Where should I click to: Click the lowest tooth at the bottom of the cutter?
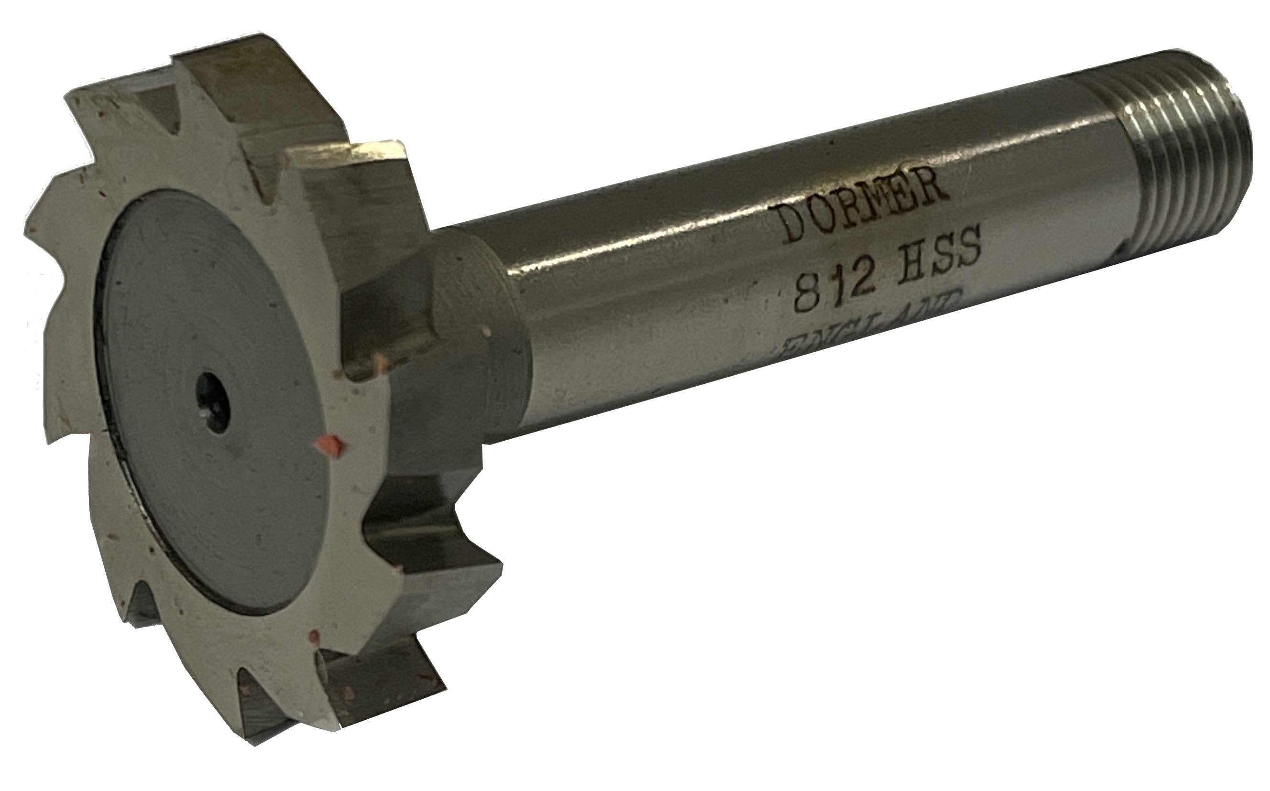[272, 732]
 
